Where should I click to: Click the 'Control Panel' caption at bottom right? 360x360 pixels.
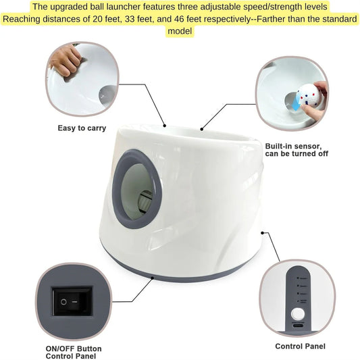(x=300, y=346)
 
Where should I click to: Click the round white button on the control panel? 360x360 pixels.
(x=297, y=314)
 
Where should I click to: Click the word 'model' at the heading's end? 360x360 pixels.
(x=180, y=31)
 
